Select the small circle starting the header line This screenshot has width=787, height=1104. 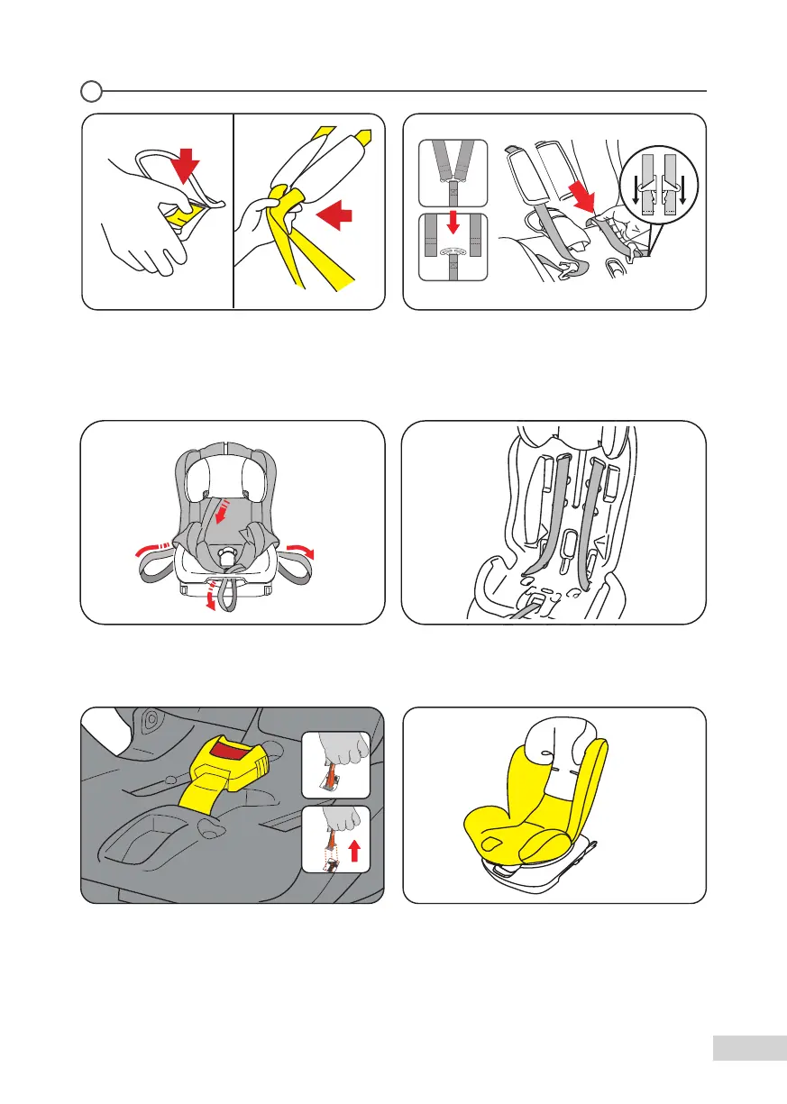point(90,91)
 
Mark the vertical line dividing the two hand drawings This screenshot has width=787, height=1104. point(233,212)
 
